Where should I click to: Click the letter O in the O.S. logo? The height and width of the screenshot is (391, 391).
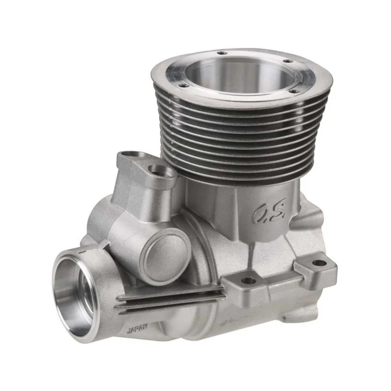[x=260, y=215]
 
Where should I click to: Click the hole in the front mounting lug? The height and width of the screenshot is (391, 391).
[x=248, y=281]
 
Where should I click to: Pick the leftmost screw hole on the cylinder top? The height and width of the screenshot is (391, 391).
[x=184, y=86]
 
